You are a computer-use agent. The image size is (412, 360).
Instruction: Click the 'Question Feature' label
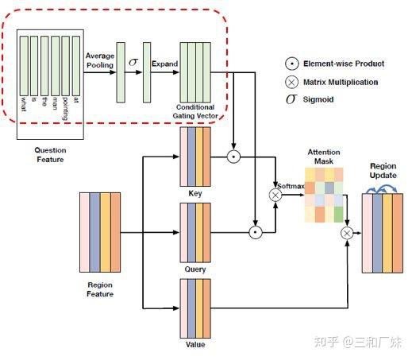49,153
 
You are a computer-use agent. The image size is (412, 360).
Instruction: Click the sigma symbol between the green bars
133,62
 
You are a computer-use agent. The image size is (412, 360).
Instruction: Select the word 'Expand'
165,64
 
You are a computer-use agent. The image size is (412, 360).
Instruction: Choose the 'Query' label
195,269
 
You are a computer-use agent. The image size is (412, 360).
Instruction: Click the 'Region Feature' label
99,288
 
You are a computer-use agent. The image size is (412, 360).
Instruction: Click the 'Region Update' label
383,170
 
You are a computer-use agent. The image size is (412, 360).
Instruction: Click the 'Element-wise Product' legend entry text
339,63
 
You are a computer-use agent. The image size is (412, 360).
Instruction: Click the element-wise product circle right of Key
233,156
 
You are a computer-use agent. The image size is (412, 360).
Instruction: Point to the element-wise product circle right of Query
255,233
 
